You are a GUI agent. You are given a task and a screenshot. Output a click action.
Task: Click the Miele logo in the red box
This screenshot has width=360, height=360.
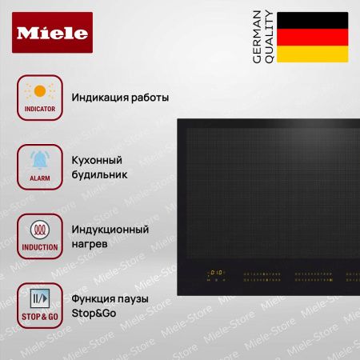click(53, 33)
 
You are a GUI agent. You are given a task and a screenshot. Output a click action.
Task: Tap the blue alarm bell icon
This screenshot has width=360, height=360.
click(38, 157)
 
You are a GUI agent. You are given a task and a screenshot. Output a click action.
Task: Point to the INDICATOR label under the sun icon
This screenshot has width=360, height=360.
click(38, 106)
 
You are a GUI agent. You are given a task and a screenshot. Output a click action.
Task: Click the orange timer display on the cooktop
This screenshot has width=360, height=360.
click(214, 271)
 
